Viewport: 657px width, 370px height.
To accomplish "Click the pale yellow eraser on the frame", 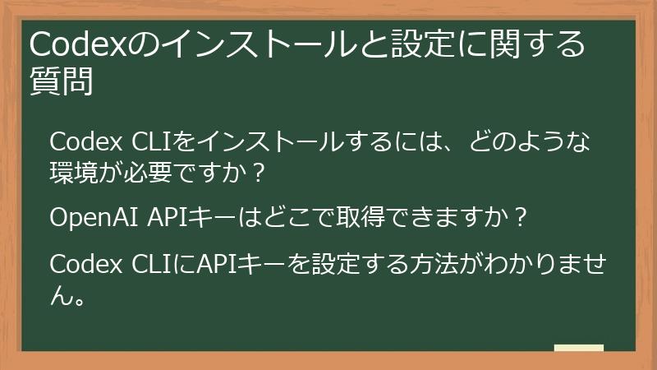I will (578, 349).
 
